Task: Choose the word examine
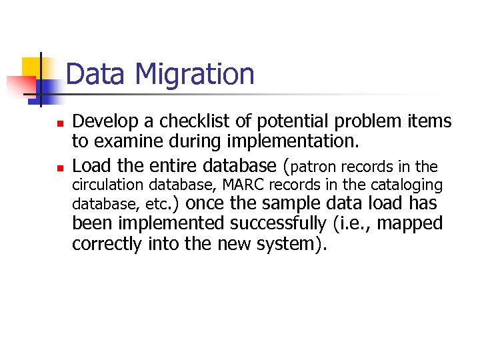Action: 129,141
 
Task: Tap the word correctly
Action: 107,244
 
